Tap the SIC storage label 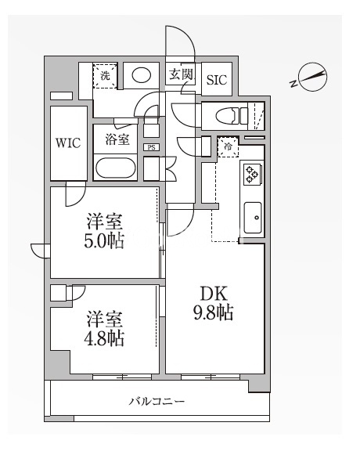click(216, 78)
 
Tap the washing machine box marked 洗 click(105, 75)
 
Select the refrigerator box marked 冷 click(229, 146)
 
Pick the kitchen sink click(253, 217)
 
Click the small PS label click(150, 146)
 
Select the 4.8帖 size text click(105, 338)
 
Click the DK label click(212, 294)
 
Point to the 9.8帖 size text click(212, 314)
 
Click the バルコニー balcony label click(157, 402)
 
